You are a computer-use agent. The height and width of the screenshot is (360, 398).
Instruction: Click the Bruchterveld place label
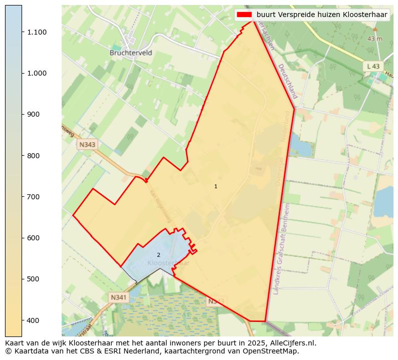(131, 53)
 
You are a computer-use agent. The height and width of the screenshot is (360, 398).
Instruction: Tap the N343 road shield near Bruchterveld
(87, 144)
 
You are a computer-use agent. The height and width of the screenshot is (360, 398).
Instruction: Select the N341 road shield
(119, 297)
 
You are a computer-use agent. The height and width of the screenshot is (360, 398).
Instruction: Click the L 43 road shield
(373, 66)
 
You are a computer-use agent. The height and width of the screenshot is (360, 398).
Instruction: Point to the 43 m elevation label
(374, 39)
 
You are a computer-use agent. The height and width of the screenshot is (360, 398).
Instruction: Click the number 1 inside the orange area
(216, 186)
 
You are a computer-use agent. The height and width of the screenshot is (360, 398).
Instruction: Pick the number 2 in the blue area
(158, 255)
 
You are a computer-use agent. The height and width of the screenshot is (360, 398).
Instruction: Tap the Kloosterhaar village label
(169, 263)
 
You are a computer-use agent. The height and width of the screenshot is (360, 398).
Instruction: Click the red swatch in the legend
(245, 15)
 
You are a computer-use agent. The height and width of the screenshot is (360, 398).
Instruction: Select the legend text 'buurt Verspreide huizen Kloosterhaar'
(322, 15)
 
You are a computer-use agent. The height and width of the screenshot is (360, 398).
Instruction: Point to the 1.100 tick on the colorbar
(37, 32)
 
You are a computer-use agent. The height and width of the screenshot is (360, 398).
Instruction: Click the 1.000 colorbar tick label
(37, 73)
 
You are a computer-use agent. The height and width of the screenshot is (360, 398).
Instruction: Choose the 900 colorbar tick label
(34, 114)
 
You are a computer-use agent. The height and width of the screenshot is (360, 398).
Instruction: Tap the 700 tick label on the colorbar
(34, 197)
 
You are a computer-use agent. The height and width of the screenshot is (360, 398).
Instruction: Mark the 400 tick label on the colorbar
(34, 320)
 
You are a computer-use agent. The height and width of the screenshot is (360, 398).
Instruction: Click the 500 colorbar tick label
(34, 279)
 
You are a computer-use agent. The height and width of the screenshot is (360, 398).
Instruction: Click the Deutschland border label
(288, 81)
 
